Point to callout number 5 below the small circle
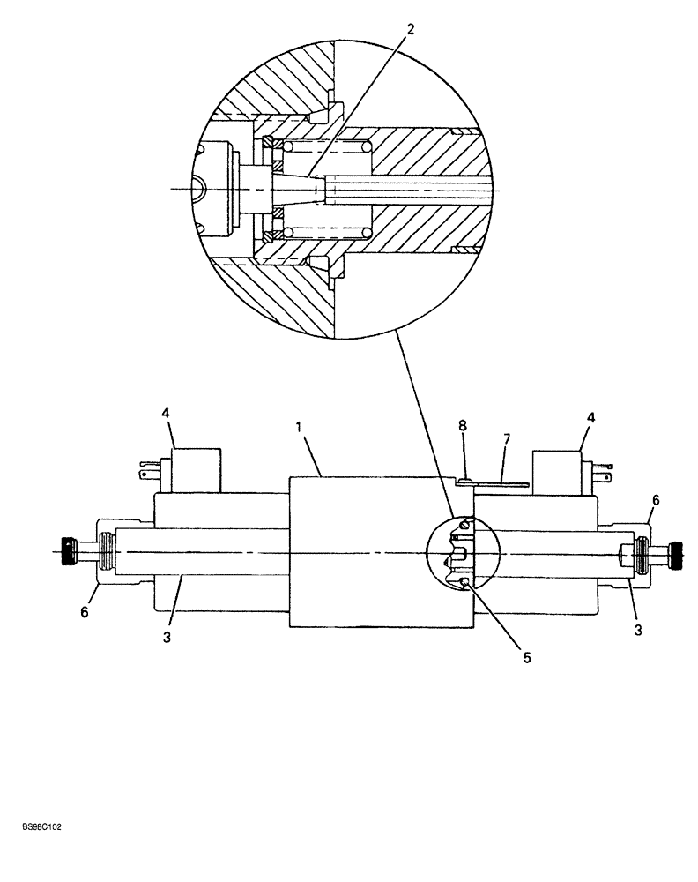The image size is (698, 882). tap(526, 656)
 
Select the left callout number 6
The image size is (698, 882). tap(85, 610)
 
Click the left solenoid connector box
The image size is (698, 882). tap(195, 470)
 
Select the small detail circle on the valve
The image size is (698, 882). tap(463, 557)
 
